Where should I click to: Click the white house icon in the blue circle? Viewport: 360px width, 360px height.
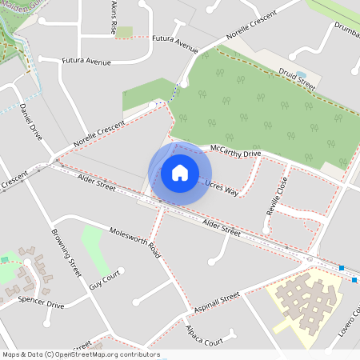coord(179,173)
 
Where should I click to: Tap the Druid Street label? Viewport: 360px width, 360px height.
coord(296,77)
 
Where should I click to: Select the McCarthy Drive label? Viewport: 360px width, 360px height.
coord(235,151)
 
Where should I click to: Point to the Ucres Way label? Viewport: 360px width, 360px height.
coord(222,189)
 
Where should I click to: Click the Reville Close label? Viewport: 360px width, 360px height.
coord(276,196)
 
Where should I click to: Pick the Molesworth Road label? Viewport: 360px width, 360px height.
coord(136,242)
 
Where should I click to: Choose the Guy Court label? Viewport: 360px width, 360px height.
coord(104,279)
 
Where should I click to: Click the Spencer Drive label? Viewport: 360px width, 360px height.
coord(41,303)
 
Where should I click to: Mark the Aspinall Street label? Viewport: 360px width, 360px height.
coord(217,302)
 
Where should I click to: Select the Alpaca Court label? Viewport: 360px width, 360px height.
coord(201,337)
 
